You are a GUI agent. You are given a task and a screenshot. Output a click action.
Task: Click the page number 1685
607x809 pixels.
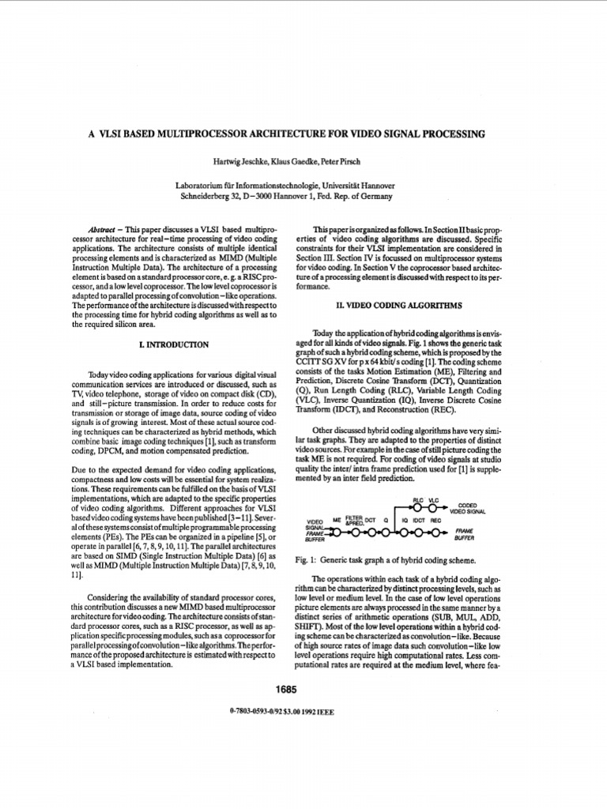tap(285, 690)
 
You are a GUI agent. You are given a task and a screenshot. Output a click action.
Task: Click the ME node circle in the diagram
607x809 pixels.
tap(337, 532)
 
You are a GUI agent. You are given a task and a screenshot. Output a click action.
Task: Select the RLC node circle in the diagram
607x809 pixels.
tap(417, 507)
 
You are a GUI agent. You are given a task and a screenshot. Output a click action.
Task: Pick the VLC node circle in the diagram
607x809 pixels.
tap(432, 507)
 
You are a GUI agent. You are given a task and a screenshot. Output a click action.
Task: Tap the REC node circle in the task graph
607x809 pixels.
tap(435, 532)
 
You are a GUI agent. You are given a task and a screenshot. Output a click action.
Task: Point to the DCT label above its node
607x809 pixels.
tap(370, 521)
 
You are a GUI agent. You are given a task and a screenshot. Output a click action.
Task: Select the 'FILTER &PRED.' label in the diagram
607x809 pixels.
tap(354, 518)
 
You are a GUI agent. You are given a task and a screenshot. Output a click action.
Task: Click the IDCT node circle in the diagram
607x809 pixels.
tap(419, 532)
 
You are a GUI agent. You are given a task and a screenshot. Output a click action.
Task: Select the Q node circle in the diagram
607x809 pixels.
tap(386, 532)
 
